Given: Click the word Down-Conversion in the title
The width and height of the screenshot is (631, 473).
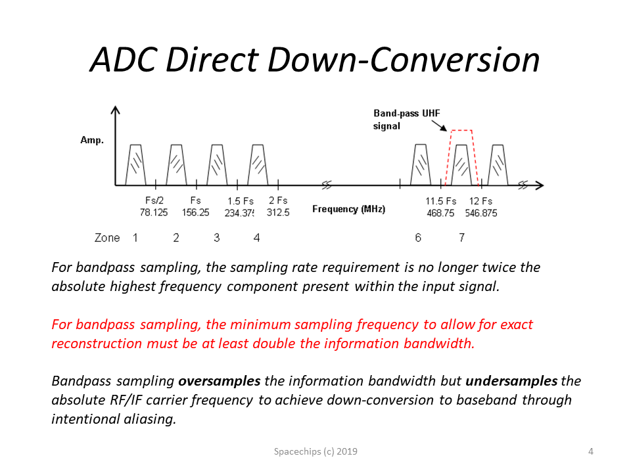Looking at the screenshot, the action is pos(404,60).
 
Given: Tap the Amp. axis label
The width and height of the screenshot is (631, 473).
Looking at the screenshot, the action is pos(92,140).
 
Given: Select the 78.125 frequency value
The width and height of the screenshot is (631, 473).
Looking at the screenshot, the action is pos(154,212).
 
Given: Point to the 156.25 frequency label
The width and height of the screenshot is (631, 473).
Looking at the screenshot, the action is pos(196,212).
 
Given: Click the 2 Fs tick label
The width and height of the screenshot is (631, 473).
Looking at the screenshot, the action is pos(278,200).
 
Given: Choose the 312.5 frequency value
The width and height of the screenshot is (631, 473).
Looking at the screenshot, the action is pos(278,212).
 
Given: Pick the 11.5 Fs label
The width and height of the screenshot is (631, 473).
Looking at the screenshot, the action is pos(441,201).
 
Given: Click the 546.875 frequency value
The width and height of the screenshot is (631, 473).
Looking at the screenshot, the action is pos(481,213).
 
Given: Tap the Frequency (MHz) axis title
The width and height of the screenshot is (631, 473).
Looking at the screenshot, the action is pos(348,209).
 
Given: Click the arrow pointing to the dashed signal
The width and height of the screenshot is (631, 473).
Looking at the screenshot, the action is pos(440,125).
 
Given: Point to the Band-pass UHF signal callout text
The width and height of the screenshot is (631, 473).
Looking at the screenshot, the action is pos(406,120).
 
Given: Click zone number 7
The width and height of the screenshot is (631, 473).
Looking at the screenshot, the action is pos(461,238).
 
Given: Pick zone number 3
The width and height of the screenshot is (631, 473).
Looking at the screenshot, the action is pos(216,238).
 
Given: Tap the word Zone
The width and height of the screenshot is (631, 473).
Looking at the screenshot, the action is pos(107,238).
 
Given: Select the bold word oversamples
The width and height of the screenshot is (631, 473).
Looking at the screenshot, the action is pos(220,381).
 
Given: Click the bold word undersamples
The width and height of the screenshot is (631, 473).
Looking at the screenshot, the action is pos(511,381).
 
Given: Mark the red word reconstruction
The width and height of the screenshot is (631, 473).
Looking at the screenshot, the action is pos(97,344).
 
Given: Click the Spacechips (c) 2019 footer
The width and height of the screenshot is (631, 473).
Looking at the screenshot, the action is pos(315,451).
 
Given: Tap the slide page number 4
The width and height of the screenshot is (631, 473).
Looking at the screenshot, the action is pos(591,451).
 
